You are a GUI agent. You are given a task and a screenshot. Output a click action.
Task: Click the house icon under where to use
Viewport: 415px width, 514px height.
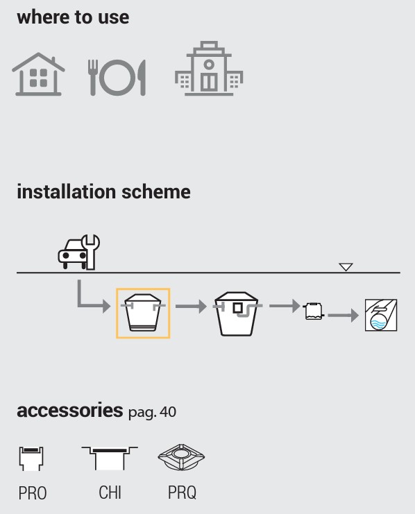pyautogui.click(x=38, y=74)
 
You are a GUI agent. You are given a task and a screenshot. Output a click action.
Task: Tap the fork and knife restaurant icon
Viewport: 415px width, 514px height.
pyautogui.click(x=117, y=78)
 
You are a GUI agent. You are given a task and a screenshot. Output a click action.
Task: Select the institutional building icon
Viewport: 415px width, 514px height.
pyautogui.click(x=209, y=69)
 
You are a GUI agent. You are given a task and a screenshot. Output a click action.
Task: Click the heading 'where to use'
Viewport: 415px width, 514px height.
pyautogui.click(x=73, y=17)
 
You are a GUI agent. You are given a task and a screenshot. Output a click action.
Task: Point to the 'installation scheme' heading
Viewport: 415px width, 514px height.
pyautogui.click(x=103, y=191)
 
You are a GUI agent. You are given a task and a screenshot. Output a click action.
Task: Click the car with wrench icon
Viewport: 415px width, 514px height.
pyautogui.click(x=78, y=252)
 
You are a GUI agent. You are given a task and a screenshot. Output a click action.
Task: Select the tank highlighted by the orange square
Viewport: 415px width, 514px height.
pyautogui.click(x=143, y=313)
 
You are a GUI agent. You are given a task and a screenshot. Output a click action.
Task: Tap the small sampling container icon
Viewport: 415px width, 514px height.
pyautogui.click(x=314, y=311)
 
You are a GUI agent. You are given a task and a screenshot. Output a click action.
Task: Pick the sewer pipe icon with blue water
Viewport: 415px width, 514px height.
pyautogui.click(x=381, y=315)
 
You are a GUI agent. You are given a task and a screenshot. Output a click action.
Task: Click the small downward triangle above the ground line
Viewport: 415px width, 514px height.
pyautogui.click(x=346, y=267)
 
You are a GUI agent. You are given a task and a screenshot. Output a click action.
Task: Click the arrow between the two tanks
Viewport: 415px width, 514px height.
pyautogui.click(x=191, y=306)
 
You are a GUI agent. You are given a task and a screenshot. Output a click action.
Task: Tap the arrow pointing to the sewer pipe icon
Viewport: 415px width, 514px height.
pyautogui.click(x=343, y=316)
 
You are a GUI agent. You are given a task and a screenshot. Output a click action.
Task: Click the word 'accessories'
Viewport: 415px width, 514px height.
pyautogui.click(x=70, y=410)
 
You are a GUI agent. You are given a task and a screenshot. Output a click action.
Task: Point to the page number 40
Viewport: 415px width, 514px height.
pyautogui.click(x=169, y=412)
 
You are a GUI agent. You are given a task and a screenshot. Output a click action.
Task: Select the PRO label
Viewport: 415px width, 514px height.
pyautogui.click(x=33, y=493)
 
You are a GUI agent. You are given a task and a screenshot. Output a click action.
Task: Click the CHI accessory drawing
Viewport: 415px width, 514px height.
pyautogui.click(x=110, y=459)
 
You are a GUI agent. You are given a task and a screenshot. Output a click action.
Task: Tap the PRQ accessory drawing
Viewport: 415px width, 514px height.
pyautogui.click(x=181, y=457)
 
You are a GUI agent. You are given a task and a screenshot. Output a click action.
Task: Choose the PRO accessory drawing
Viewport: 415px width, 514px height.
pyautogui.click(x=31, y=459)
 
